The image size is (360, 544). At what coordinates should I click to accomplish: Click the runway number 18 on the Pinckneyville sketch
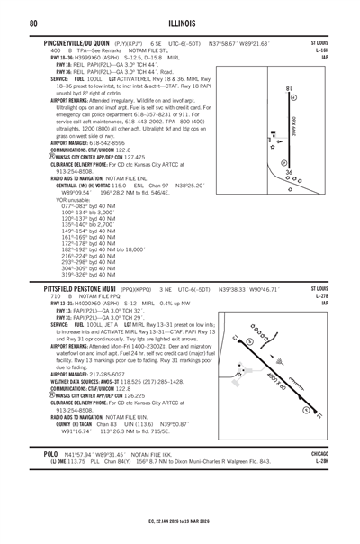(x=287, y=87)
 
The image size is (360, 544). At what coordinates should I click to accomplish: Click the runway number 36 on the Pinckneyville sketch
(x=287, y=171)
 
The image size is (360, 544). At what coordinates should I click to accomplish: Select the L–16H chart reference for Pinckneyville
(x=344, y=50)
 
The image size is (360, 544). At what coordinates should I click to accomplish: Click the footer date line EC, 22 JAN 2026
(x=179, y=535)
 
